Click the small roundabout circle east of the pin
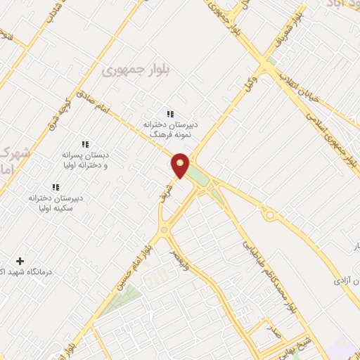pyautogui.click(x=269, y=215)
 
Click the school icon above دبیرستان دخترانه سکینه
pyautogui.click(x=56, y=187)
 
